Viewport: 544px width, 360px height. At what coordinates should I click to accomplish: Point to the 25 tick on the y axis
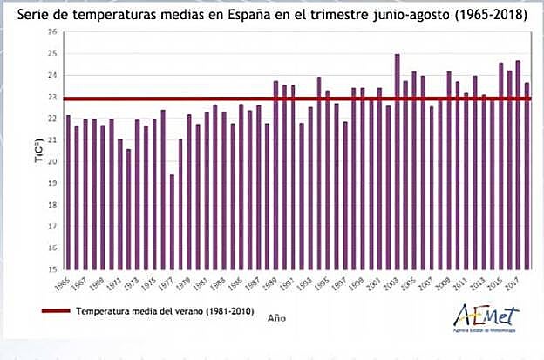coord(52,53)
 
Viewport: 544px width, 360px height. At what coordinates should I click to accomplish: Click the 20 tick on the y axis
coord(52,161)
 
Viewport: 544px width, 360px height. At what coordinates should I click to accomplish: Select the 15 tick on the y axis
coord(52,269)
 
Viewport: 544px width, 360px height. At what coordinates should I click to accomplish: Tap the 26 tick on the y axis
coord(52,31)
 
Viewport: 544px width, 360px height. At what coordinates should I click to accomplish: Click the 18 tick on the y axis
coord(52,205)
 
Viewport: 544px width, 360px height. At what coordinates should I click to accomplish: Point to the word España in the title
coord(239,12)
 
